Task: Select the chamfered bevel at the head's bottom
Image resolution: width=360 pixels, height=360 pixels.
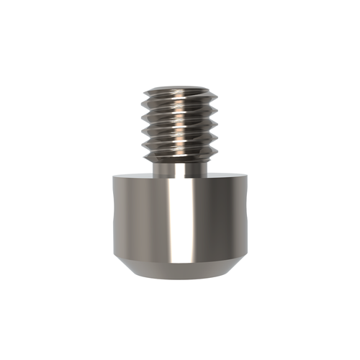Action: coord(180,270)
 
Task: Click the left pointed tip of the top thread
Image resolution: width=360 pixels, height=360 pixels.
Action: coord(144,93)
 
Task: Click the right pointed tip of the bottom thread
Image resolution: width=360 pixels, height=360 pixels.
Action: coord(216,148)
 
